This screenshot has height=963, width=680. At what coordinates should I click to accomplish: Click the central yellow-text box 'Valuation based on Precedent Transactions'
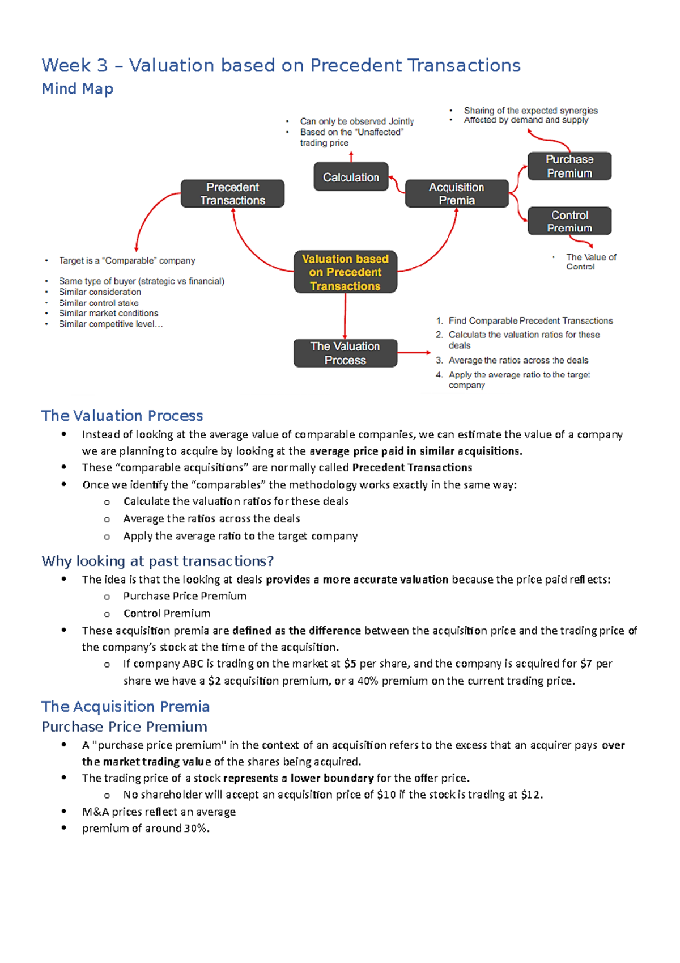click(x=345, y=272)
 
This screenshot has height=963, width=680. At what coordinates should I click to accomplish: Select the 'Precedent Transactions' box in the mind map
click(x=232, y=194)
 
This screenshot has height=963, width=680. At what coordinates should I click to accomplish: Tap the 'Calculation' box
click(x=351, y=178)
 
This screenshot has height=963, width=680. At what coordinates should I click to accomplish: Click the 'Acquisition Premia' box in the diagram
click(x=456, y=194)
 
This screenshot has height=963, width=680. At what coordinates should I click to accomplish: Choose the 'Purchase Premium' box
click(x=569, y=166)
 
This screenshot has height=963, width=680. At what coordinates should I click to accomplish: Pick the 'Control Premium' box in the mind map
click(x=569, y=221)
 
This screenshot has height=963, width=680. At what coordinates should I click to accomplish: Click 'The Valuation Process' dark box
click(x=345, y=353)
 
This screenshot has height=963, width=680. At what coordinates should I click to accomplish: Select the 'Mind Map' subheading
click(x=78, y=89)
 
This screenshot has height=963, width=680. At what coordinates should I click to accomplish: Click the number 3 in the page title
click(x=102, y=66)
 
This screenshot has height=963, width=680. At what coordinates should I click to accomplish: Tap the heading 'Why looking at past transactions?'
click(x=158, y=561)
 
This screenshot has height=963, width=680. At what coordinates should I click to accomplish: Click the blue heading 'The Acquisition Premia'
click(x=125, y=706)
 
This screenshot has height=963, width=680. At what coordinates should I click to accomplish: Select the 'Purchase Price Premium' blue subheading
click(x=124, y=727)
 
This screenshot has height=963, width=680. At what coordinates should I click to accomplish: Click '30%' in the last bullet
click(x=196, y=828)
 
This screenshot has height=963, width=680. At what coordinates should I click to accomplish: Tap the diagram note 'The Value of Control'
click(x=590, y=261)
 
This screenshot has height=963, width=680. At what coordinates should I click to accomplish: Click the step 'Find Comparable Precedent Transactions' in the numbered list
click(x=530, y=321)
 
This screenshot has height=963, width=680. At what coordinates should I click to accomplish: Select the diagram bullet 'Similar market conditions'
click(x=109, y=313)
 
